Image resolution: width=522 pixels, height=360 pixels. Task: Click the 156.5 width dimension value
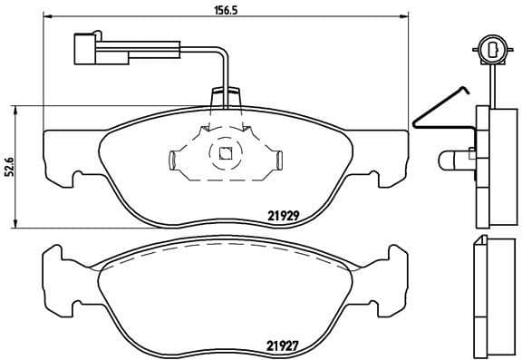pyautogui.click(x=211, y=10)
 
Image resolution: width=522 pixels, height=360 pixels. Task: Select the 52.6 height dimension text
pyautogui.click(x=10, y=168)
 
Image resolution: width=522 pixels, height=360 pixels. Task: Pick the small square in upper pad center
pyautogui.click(x=224, y=152)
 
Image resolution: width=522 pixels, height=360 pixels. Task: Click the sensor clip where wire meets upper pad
pyautogui.click(x=224, y=98)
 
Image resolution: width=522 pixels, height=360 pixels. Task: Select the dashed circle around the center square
pyautogui.click(x=224, y=152)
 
